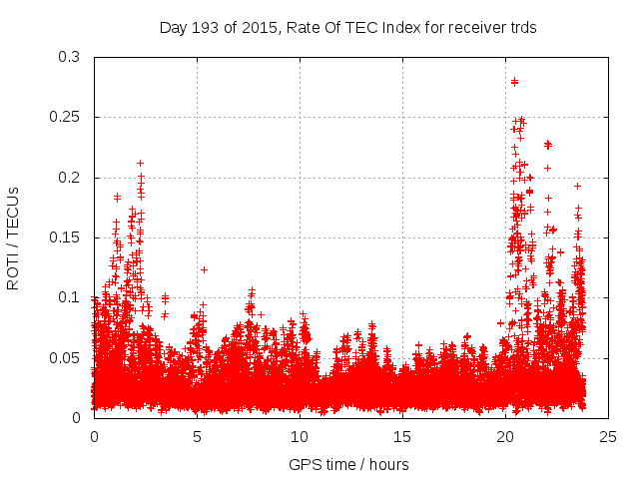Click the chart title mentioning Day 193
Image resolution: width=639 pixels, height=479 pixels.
[x=347, y=28]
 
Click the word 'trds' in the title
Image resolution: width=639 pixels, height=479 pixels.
[x=520, y=28]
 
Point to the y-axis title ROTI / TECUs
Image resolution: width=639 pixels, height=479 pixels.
[x=14, y=238]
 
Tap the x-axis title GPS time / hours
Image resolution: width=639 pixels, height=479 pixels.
[x=347, y=464]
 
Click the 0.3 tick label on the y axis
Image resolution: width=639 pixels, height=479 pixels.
[x=70, y=58]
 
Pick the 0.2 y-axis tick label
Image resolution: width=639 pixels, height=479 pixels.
[x=70, y=178]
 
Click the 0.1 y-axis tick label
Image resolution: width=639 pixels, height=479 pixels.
[x=70, y=297]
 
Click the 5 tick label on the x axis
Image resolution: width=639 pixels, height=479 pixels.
[x=198, y=436]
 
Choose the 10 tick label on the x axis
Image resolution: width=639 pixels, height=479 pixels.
[x=300, y=436]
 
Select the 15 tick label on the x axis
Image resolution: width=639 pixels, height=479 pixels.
[x=402, y=436]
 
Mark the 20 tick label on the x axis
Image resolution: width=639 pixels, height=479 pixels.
[x=505, y=436]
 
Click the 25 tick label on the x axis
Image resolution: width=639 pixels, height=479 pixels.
[x=608, y=436]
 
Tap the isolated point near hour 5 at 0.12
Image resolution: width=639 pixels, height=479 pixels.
[x=204, y=269]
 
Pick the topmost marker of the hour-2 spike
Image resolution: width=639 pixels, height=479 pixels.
[x=141, y=163]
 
